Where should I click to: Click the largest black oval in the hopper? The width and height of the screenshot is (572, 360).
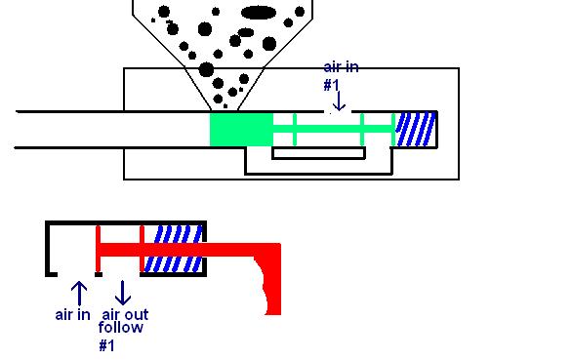pyautogui.click(x=259, y=13)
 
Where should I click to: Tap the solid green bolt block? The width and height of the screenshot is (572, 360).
pyautogui.click(x=241, y=130)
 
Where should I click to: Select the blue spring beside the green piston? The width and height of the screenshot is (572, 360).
pyautogui.click(x=416, y=129)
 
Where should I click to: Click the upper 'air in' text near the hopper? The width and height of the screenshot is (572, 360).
pyautogui.click(x=341, y=67)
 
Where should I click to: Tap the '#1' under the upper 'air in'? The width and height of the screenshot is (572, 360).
pyautogui.click(x=332, y=85)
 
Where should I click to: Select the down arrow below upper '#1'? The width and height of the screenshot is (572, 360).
pyautogui.click(x=340, y=101)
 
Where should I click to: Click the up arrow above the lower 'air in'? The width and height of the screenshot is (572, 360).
pyautogui.click(x=79, y=294)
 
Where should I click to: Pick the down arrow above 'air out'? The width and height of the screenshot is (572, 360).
pyautogui.click(x=123, y=293)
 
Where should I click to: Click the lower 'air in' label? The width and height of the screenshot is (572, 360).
pyautogui.click(x=72, y=315)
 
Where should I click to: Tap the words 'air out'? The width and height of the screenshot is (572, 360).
pyautogui.click(x=125, y=314)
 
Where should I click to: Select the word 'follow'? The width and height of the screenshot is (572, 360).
pyautogui.click(x=121, y=327)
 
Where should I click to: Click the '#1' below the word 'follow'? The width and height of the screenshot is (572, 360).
pyautogui.click(x=107, y=345)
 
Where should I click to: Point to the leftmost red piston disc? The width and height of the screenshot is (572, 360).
pyautogui.click(x=98, y=249)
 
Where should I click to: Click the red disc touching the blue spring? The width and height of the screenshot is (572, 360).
pyautogui.click(x=142, y=249)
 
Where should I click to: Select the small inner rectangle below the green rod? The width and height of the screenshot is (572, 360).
pyautogui.click(x=318, y=153)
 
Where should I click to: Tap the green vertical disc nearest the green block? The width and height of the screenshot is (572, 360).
pyautogui.click(x=295, y=130)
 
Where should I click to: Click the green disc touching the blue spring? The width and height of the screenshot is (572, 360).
pyautogui.click(x=393, y=130)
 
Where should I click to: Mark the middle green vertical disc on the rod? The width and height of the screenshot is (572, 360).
pyautogui.click(x=362, y=130)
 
